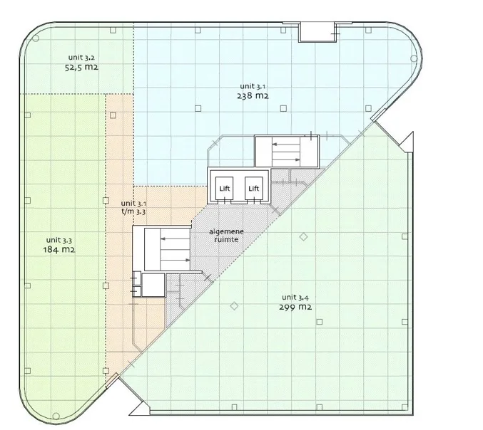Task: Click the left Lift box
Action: coord(225,188)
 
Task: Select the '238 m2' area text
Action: coord(253,96)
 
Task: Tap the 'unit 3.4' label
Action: coord(295,297)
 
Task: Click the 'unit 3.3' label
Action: coord(59,239)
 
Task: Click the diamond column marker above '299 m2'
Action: coord(233,307)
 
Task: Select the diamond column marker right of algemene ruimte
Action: coord(302,237)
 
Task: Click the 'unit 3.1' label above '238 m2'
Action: coord(253,86)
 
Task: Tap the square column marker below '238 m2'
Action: coord(283,108)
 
